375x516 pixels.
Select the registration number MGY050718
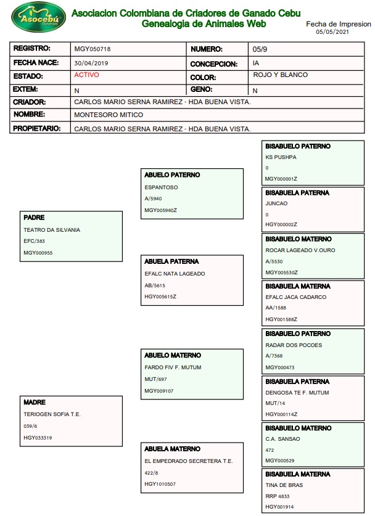coord(93,49)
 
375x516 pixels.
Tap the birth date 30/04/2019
coord(91,63)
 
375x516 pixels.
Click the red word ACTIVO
coord(86,75)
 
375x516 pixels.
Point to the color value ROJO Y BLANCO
coord(280,75)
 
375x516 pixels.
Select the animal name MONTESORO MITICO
coord(109,115)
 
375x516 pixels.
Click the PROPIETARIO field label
coord(37,128)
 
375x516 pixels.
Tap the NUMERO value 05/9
coord(260,49)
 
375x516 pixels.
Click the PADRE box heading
coord(35,218)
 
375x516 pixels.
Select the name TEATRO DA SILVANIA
coord(52,230)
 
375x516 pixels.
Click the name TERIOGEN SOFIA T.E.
coord(52,414)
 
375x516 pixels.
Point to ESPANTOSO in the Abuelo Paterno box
coord(161,187)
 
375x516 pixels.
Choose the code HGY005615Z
coord(160,297)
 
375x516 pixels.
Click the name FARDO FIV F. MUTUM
coord(173,367)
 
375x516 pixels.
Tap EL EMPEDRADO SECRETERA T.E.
coord(188,461)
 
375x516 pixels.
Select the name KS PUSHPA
coord(281,157)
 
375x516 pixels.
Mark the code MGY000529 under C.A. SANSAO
coord(281,461)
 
